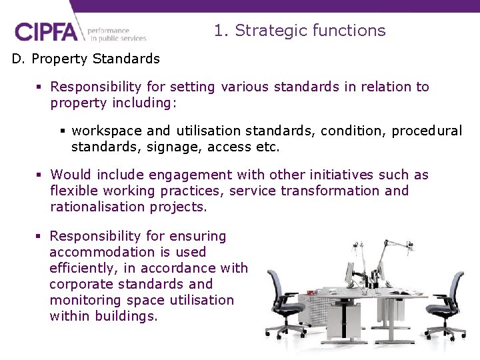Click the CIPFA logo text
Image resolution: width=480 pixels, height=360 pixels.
click(x=46, y=32)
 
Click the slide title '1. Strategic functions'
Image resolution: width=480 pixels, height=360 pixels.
click(x=299, y=31)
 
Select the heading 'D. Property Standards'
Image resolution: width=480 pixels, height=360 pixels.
click(x=86, y=59)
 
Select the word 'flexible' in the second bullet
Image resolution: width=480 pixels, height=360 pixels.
click(x=71, y=191)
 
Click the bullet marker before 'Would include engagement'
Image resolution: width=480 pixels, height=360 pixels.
click(x=40, y=175)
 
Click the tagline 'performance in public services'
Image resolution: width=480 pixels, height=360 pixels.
click(x=116, y=34)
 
